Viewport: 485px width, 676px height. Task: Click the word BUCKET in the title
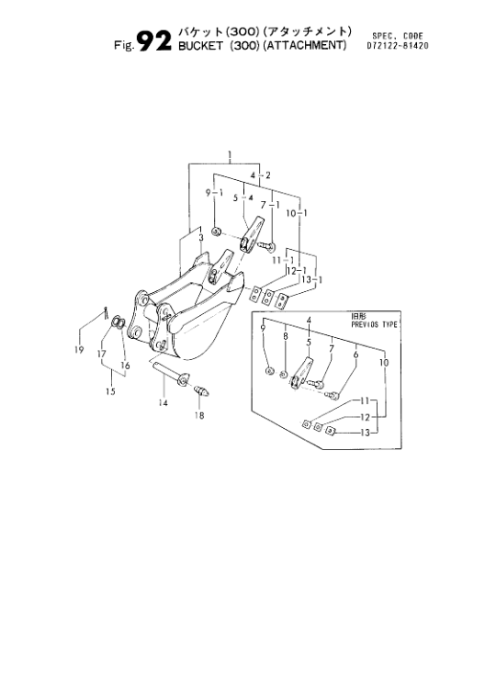pyautogui.click(x=200, y=46)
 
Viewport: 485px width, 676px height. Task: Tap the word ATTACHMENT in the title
pyautogui.click(x=305, y=45)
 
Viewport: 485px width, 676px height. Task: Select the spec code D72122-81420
pyautogui.click(x=398, y=45)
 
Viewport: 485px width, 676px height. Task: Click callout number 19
pyautogui.click(x=79, y=350)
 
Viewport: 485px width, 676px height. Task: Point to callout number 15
pyautogui.click(x=110, y=391)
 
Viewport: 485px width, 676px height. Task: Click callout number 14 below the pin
pyautogui.click(x=163, y=403)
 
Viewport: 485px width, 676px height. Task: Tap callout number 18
pyautogui.click(x=199, y=415)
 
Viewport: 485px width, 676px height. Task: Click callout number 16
pyautogui.click(x=125, y=366)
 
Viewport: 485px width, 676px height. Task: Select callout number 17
pyautogui.click(x=101, y=354)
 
